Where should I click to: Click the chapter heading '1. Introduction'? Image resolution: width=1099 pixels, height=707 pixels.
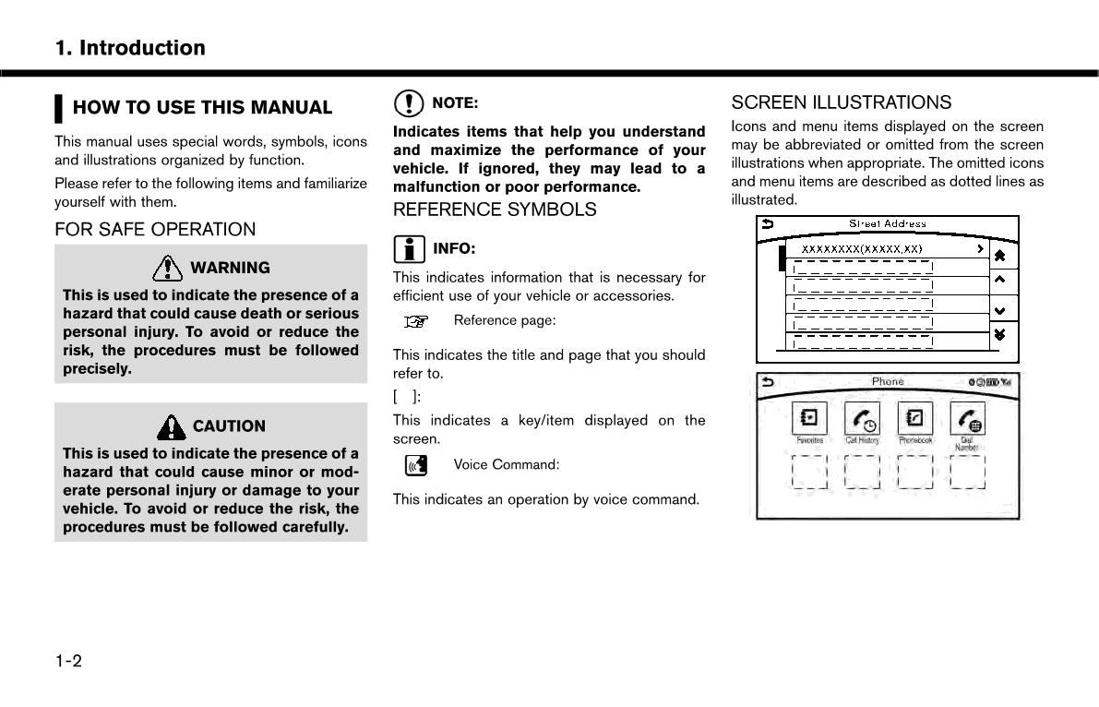tap(130, 48)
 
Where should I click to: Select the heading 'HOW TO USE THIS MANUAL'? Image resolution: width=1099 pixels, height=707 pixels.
tap(202, 108)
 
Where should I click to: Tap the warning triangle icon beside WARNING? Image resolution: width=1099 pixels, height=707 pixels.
tap(168, 268)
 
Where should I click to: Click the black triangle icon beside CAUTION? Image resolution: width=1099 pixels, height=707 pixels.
tap(172, 426)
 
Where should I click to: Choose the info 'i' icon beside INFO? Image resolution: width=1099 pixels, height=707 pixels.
tap(409, 248)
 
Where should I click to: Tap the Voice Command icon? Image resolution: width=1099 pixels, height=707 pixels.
tap(417, 465)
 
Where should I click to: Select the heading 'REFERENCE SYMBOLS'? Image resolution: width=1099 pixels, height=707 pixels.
tap(495, 210)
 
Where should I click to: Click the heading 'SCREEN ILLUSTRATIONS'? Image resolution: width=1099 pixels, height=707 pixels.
tap(841, 102)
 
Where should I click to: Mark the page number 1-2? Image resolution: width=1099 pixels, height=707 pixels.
tap(68, 661)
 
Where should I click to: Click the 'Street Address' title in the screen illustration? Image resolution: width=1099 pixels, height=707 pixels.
tap(887, 223)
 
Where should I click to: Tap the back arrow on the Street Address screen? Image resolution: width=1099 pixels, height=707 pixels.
tap(767, 223)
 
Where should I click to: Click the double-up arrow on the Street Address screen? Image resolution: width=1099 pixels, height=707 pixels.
tap(998, 254)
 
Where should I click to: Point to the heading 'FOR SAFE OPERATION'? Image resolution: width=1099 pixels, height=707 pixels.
tap(155, 230)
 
